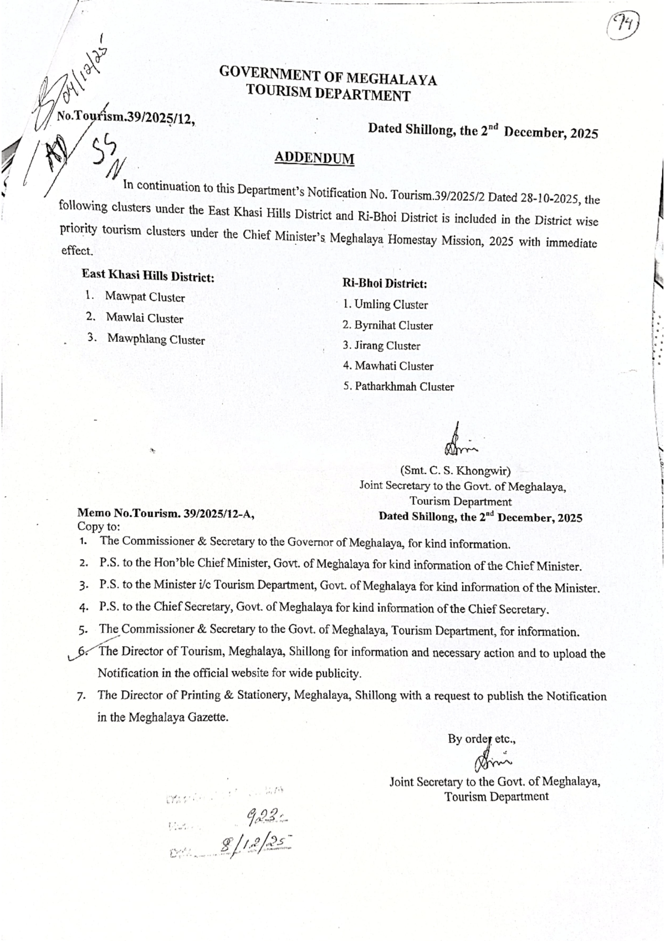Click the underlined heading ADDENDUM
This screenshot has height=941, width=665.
314,158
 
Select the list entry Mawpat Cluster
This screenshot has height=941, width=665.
145,296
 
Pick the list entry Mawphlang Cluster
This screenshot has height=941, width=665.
156,339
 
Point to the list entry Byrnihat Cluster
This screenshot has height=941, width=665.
393,325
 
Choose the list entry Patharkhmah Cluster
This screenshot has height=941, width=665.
404,387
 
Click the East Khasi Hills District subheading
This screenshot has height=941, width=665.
148,275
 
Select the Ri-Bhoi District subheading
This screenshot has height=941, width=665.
385,284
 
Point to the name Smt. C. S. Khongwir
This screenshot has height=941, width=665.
455,472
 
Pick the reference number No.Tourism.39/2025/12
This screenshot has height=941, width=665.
126,117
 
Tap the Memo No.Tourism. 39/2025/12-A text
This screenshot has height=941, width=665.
166,513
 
